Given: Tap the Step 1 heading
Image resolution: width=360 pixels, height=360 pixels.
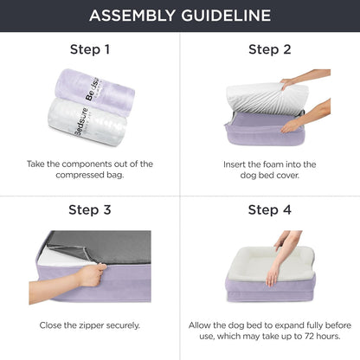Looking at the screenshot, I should click(x=89, y=49).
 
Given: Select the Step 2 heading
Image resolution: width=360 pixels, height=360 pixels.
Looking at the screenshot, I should click(x=269, y=49).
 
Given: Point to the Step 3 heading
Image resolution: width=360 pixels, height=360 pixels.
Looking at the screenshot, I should click(x=89, y=209).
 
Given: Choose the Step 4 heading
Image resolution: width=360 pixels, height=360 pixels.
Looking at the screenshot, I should click(x=269, y=209).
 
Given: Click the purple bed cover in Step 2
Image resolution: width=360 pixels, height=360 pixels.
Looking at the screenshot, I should click(x=260, y=135).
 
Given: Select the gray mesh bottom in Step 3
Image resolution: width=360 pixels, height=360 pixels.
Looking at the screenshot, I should click(x=95, y=246).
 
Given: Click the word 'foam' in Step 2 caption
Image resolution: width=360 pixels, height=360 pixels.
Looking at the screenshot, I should click(x=280, y=164).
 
